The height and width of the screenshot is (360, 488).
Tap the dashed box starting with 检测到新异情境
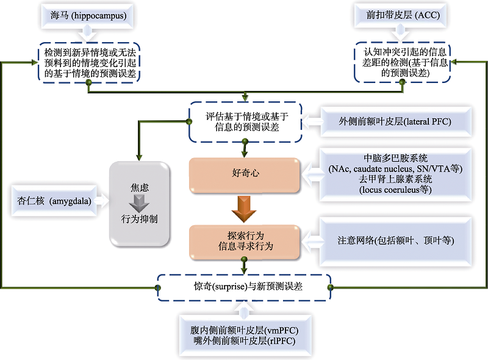(x=89, y=62)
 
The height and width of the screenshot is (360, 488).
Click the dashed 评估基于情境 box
(x=244, y=120)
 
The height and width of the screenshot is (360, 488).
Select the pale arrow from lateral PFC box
(x=312, y=121)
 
